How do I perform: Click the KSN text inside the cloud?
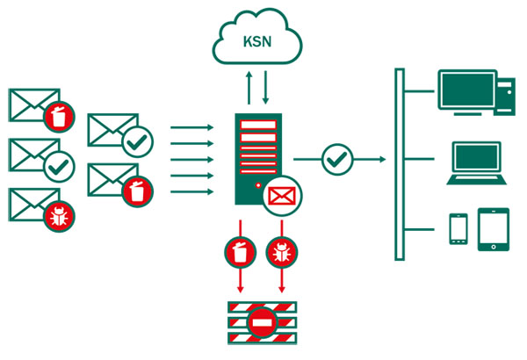pos(257,41)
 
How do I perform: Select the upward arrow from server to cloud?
pos(249,89)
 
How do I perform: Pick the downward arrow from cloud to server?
pos(265,89)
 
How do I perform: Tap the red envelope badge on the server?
pos(282,196)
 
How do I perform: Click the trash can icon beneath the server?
pos(240,253)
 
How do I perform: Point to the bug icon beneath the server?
pos(282,253)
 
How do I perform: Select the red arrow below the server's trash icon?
pos(240,282)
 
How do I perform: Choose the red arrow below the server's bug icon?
pos(282,282)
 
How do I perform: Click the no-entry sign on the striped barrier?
pos(263,323)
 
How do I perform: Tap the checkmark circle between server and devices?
pos(337,160)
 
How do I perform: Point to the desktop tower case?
pos(505,95)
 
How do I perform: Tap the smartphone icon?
pos(458,228)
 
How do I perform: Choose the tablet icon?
pos(493,229)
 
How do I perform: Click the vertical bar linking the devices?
pos(400,163)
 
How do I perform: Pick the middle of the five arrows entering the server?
pos(192,160)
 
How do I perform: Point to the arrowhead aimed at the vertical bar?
pos(382,160)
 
